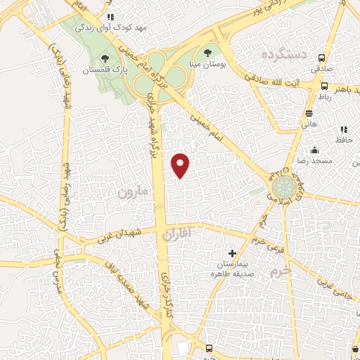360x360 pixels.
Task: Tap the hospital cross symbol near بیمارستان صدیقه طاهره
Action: tap(233, 253)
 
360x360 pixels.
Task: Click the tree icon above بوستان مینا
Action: tap(207, 53)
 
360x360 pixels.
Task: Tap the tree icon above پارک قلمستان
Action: tap(105, 58)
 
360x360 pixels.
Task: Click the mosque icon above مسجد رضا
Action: tap(314, 149)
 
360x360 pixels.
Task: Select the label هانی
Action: tap(309, 124)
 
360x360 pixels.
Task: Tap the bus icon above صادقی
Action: tap(322, 58)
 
